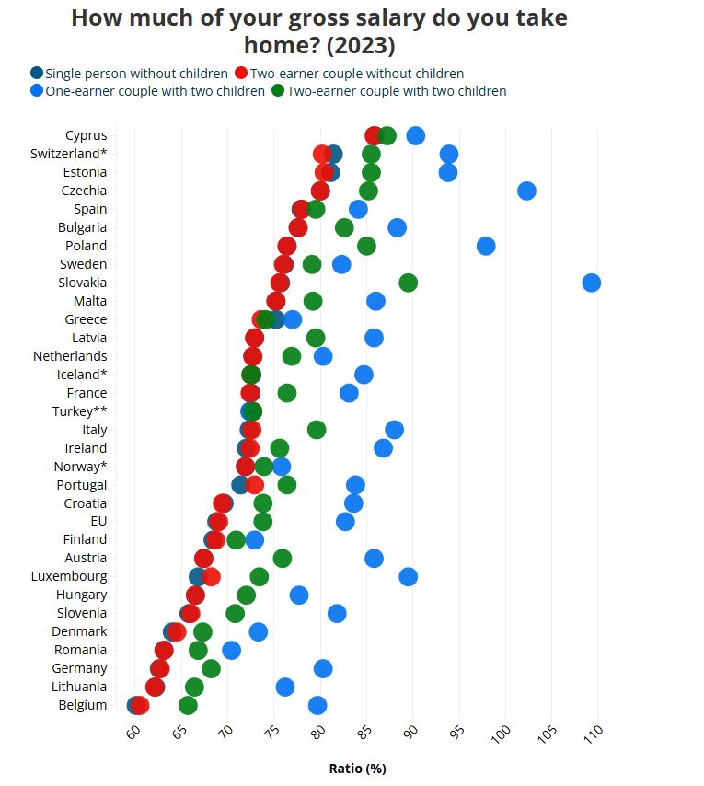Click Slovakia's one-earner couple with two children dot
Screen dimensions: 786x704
pos(591,283)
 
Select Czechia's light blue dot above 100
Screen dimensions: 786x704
pos(526,191)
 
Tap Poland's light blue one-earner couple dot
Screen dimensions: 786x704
pos(486,246)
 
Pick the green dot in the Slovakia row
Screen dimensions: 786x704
pos(408,283)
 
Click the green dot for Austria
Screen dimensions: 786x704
pos(283,558)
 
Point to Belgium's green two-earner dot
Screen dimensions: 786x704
pos(188,705)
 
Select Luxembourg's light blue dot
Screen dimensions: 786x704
pos(408,576)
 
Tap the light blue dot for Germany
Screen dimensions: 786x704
pos(322,668)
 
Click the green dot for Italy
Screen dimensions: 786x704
pos(317,430)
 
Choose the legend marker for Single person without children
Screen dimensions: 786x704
pos(37,73)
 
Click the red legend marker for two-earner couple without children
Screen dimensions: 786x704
pos(241,73)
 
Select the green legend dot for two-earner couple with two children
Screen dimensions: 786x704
pos(278,90)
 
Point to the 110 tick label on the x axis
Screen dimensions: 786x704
pos(593,735)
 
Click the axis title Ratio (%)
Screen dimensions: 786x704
pos(357,768)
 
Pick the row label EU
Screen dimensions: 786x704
pos(98,521)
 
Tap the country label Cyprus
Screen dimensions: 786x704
pos(86,135)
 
